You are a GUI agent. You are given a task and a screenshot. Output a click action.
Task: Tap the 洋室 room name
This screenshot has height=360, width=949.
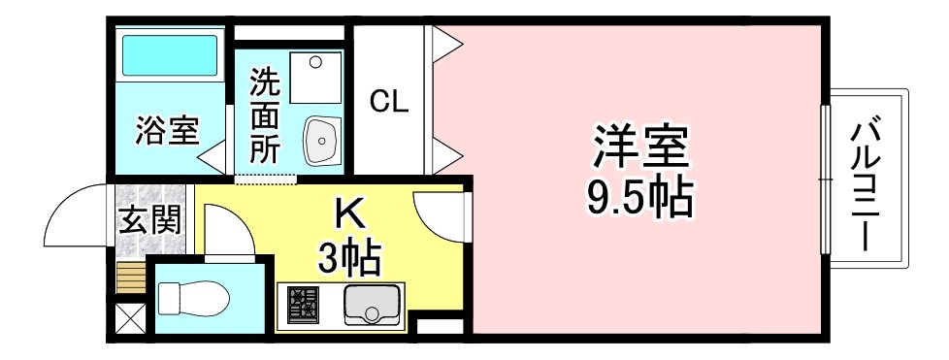coord(640,148)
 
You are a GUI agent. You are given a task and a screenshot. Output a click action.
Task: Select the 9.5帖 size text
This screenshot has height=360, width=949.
coord(639,198)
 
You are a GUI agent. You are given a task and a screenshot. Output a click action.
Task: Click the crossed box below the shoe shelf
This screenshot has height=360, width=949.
coord(128,318)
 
